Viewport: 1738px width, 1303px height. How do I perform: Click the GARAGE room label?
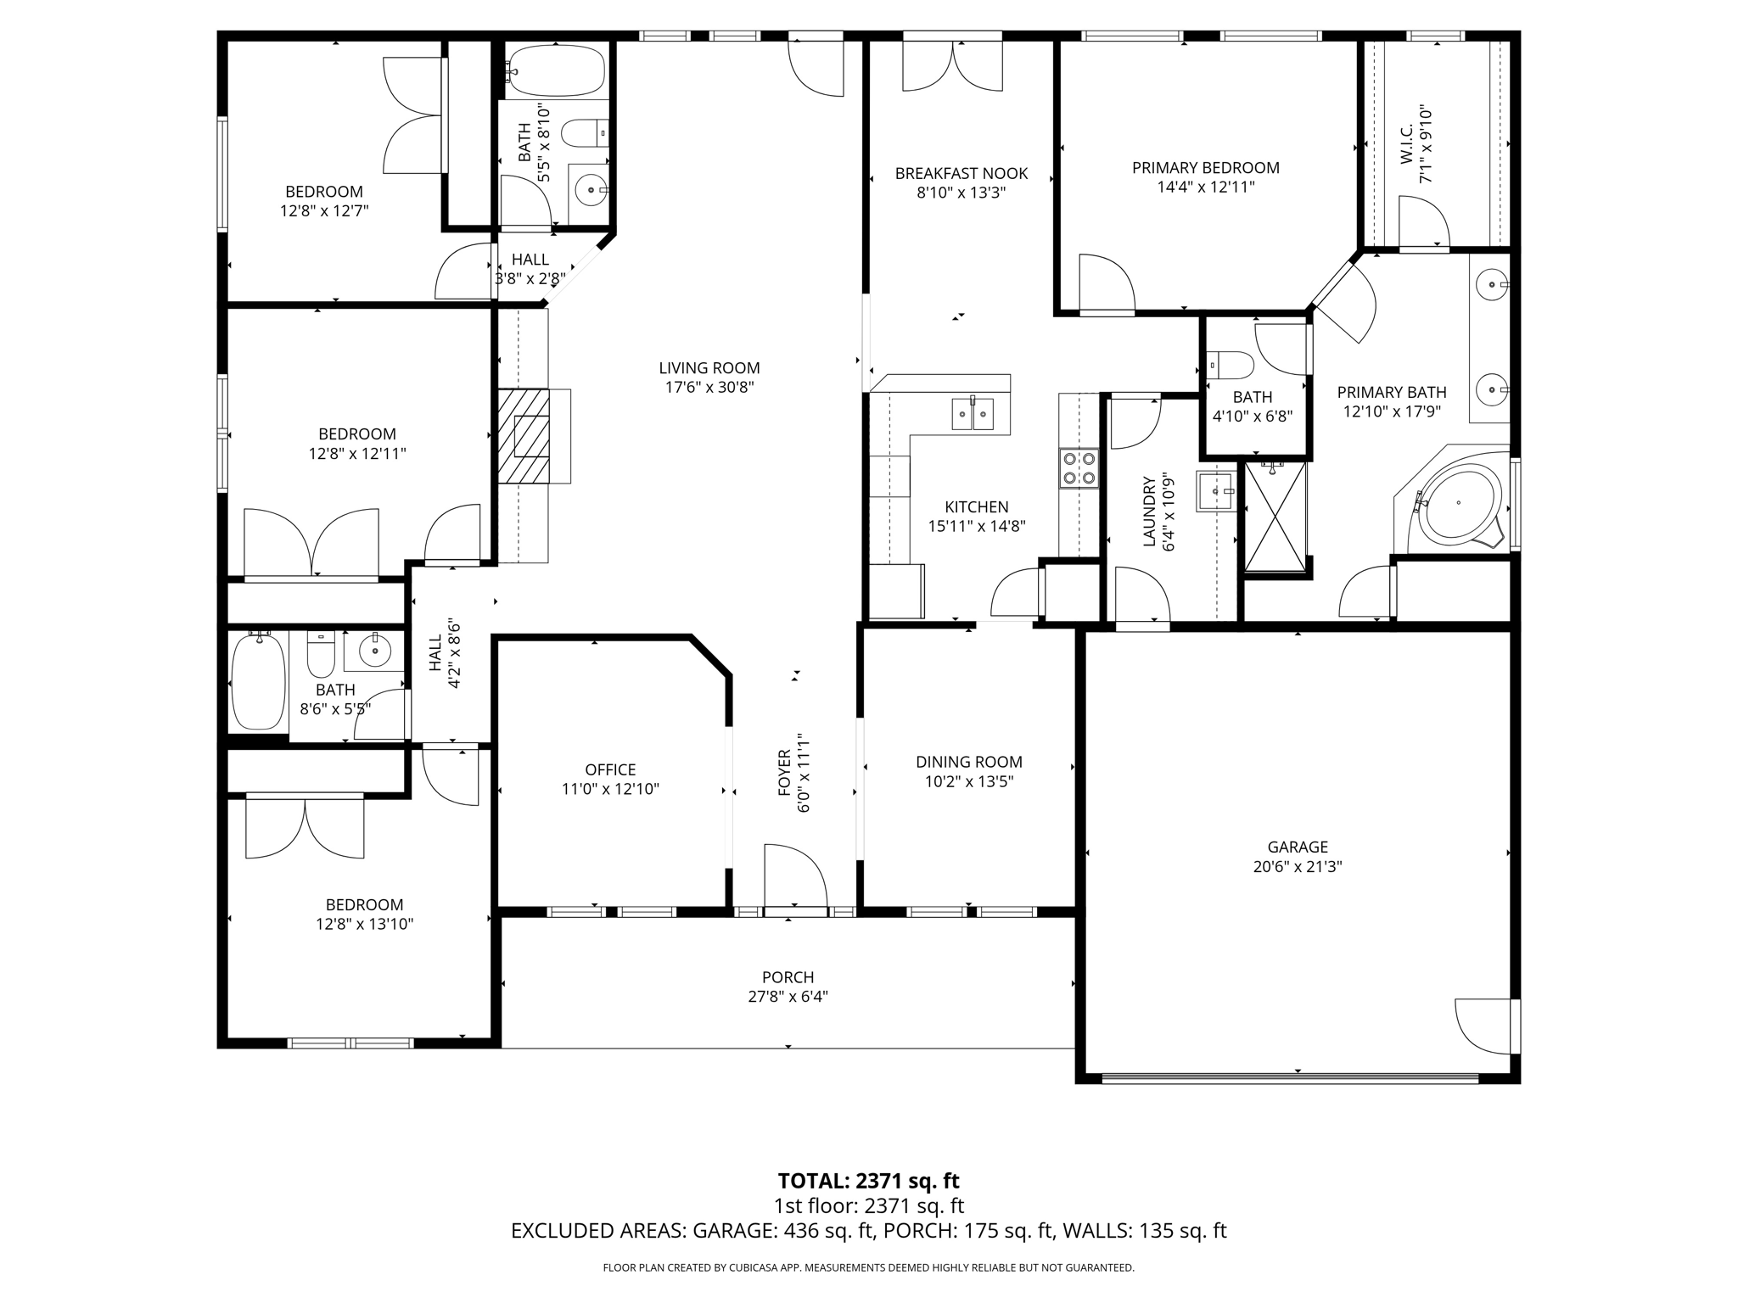pos(1297,847)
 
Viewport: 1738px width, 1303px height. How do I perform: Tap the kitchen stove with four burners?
pos(1078,468)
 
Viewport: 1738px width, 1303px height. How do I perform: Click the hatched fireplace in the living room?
pos(523,436)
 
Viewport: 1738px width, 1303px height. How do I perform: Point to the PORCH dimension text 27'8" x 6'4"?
pos(788,996)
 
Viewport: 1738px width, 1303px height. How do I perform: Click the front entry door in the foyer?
pos(794,879)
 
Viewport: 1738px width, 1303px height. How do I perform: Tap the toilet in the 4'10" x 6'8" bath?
pos(1231,366)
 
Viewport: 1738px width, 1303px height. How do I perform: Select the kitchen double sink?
pos(973,414)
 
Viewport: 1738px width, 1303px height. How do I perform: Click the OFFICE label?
pos(610,769)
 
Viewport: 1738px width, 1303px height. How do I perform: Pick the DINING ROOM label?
pos(968,762)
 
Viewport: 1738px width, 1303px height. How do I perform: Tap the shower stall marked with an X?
pos(1275,517)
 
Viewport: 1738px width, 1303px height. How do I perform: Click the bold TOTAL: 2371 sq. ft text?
pos(868,1181)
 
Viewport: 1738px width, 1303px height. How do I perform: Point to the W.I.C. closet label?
pos(1406,144)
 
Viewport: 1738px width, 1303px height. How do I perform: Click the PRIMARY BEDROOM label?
pos(1205,168)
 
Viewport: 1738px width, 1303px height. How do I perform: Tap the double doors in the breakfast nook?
pos(952,66)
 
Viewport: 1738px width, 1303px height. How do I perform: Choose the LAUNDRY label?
pos(1150,511)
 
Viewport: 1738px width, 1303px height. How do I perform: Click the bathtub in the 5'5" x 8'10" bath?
pos(556,70)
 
